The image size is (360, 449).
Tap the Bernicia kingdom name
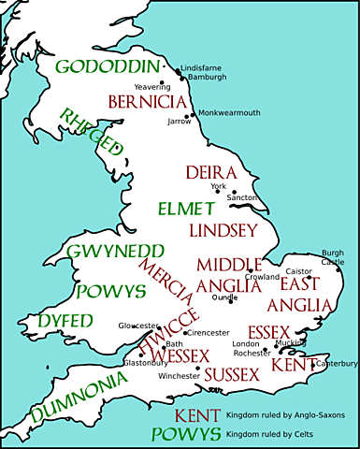[147, 100]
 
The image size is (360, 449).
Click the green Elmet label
[185, 207]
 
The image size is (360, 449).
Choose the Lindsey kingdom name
[223, 229]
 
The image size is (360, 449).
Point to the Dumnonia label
[77, 398]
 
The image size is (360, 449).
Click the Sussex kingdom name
[230, 375]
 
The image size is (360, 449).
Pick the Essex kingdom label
[269, 331]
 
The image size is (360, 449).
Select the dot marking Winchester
[197, 369]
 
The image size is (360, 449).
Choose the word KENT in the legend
[196, 414]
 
